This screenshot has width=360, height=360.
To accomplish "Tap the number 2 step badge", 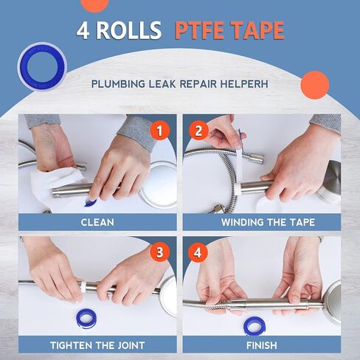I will click(x=198, y=131).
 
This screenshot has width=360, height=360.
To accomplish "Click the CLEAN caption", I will click(x=97, y=221).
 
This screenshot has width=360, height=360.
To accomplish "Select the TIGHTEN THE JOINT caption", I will click(x=97, y=345).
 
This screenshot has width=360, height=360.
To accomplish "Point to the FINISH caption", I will click(x=262, y=345).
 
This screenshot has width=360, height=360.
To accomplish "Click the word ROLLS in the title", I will click(x=130, y=31).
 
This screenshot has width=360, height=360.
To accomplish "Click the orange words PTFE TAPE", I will click(x=229, y=31).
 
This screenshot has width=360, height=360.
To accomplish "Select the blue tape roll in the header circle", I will click(x=41, y=69).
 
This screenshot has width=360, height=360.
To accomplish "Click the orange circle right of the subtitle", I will click(x=315, y=85).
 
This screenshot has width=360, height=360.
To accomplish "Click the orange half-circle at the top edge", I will click(x=94, y=4).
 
